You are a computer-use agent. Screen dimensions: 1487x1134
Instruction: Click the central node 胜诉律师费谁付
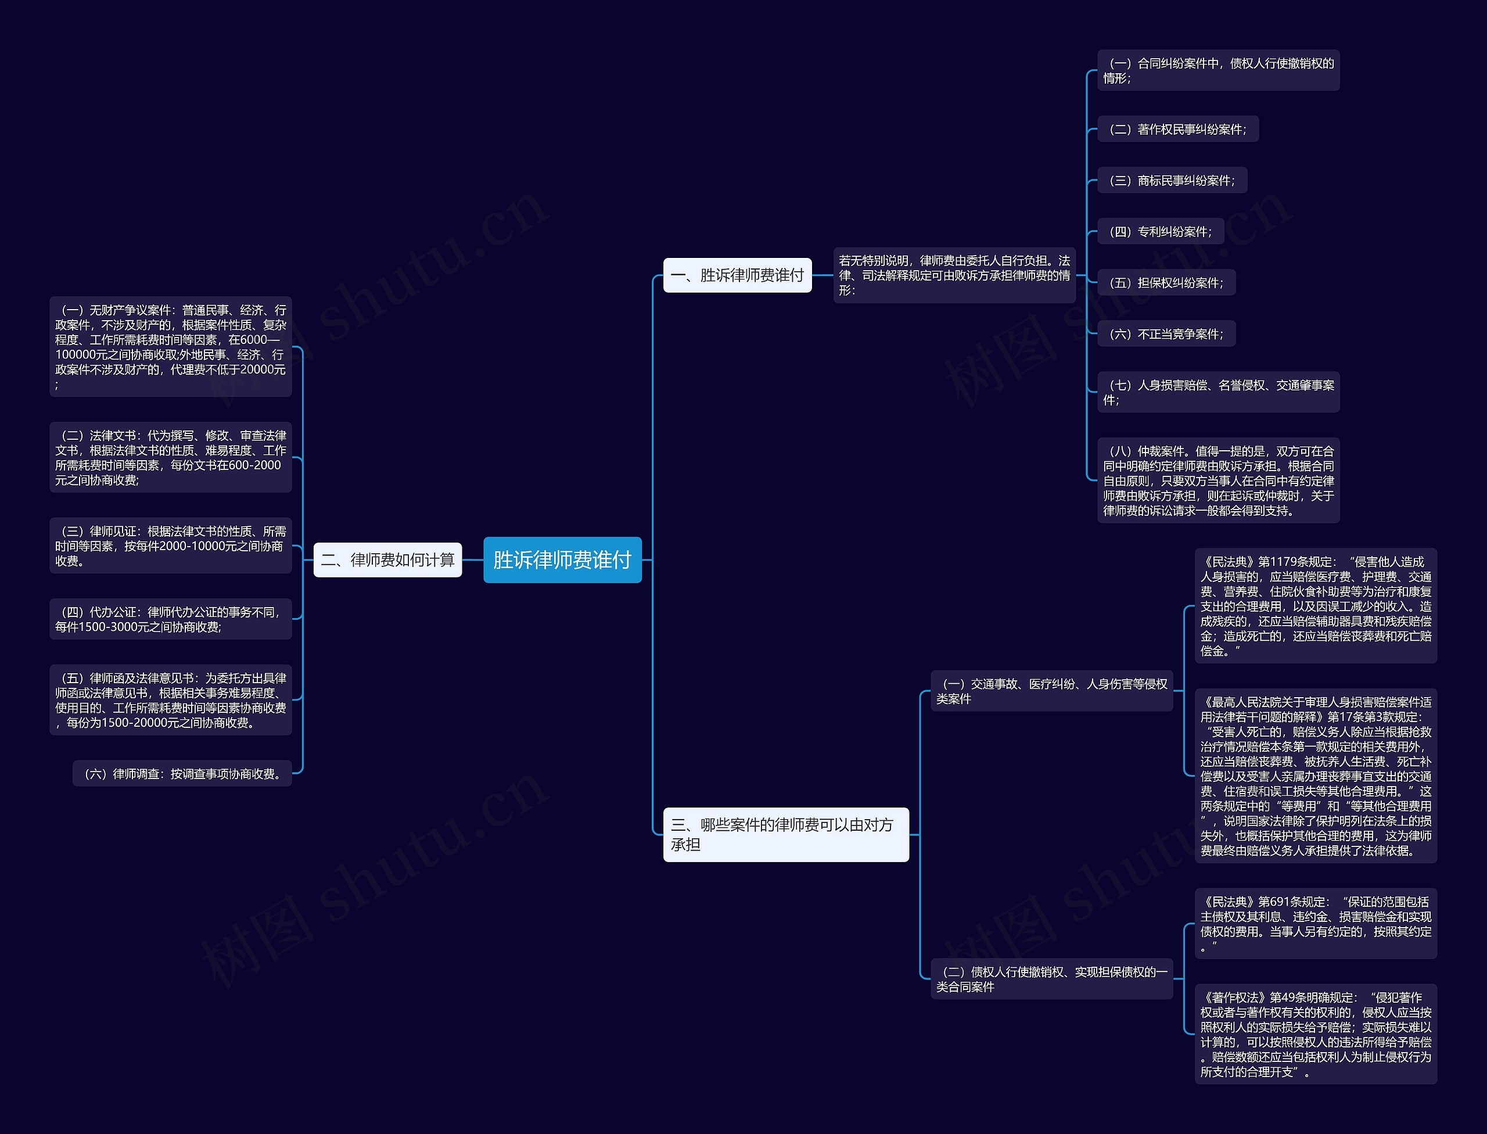562,559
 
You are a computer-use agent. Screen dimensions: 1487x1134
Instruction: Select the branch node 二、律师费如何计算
387,559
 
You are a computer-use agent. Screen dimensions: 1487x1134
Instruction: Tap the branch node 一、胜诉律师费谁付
737,275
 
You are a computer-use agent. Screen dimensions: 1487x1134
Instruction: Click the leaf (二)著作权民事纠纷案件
1177,129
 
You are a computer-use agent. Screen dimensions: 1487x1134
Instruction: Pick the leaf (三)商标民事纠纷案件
1172,180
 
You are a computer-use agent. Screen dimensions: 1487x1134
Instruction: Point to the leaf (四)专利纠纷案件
1161,232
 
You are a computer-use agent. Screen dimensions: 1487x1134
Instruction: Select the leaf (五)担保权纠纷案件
1166,283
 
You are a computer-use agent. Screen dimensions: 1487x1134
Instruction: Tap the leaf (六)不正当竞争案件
1166,334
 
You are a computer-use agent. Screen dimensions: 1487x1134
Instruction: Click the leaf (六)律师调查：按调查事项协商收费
182,774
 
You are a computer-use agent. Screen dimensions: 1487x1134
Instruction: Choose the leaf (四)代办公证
170,619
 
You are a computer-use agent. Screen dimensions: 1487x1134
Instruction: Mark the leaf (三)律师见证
170,546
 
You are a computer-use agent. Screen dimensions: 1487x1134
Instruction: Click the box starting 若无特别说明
954,275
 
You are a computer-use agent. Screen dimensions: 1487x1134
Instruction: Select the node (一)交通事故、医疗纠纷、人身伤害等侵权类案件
1051,691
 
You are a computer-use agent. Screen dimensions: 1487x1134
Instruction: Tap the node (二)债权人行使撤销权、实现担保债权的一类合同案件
1051,979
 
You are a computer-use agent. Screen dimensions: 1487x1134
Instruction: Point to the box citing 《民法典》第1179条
1315,605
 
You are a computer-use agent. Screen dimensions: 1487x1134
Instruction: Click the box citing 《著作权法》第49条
1315,1033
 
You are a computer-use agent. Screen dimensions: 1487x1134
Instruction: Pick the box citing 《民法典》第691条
1315,923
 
